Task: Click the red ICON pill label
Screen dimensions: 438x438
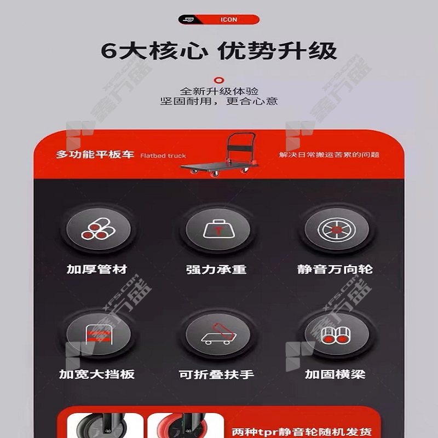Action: pos(218,20)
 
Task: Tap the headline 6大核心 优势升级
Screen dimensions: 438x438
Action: pos(218,51)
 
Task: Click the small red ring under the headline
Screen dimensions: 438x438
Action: pos(218,80)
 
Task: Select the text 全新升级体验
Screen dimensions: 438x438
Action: pos(219,91)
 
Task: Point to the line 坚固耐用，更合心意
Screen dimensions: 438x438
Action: pos(218,101)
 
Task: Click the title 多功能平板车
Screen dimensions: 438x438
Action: pos(95,154)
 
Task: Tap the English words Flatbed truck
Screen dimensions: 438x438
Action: pos(163,155)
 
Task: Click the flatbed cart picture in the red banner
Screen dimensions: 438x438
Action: pos(218,154)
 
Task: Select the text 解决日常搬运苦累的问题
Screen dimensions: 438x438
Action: pos(329,154)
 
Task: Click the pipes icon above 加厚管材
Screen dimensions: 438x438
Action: pos(99,229)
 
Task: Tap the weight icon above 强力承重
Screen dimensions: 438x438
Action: pos(217,229)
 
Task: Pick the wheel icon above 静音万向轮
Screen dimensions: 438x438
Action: pos(337,229)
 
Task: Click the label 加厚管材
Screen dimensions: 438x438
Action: pos(97,269)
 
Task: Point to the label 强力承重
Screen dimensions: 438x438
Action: pos(216,269)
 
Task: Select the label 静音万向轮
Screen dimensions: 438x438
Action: pos(335,269)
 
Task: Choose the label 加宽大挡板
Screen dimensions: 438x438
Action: pos(97,374)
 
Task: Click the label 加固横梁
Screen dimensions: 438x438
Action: pos(335,374)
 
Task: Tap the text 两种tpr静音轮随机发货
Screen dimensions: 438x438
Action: pos(302,432)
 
